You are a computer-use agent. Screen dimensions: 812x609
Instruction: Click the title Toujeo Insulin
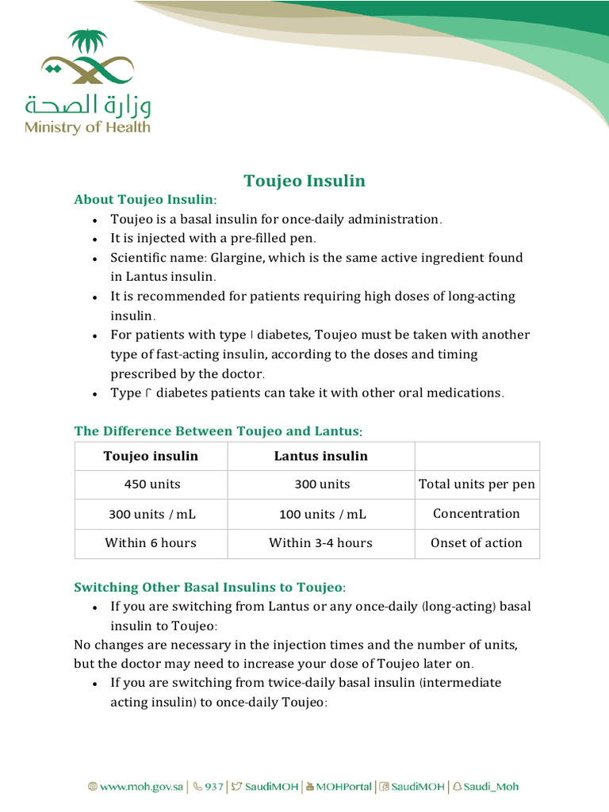304,181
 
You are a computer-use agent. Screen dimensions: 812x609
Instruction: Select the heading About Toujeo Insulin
145,199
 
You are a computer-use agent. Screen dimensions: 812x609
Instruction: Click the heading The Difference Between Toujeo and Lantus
218,431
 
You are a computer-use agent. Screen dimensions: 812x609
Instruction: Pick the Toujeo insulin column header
151,456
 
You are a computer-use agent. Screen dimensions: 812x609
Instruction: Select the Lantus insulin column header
320,456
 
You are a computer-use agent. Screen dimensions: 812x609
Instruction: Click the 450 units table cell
151,485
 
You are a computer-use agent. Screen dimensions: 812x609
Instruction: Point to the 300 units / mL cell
151,514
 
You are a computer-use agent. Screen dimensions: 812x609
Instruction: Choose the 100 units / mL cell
322,514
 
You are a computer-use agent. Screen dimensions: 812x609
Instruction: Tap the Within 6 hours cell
151,543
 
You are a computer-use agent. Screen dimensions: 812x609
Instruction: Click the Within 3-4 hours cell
320,543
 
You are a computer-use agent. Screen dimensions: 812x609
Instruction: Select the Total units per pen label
477,485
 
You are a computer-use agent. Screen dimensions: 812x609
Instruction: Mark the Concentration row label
477,514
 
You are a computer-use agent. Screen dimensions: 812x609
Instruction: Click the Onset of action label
477,543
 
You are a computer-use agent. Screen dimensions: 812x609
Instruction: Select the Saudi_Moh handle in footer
491,787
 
